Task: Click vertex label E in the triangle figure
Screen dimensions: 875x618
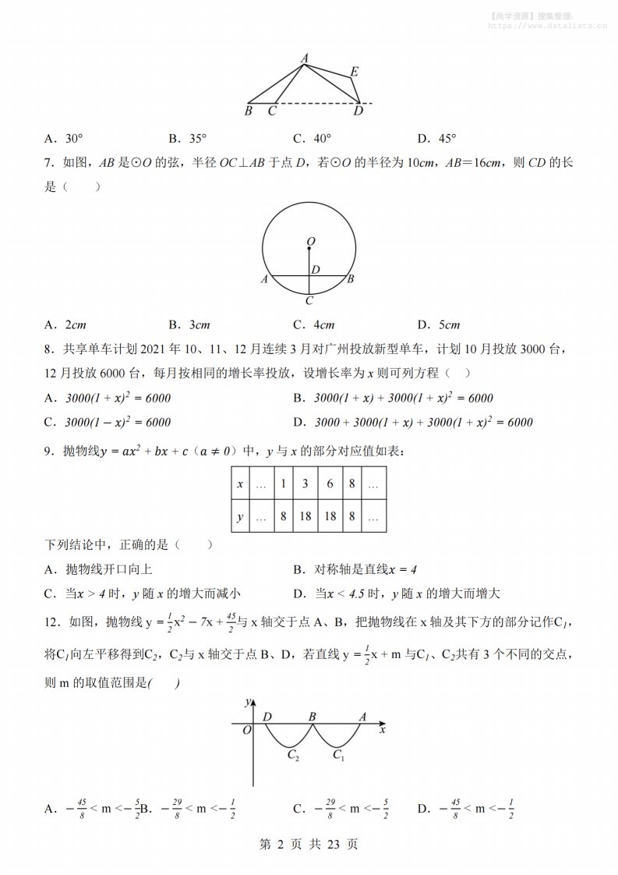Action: click(x=354, y=72)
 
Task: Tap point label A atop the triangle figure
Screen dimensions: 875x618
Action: click(x=304, y=57)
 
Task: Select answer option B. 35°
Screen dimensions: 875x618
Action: click(x=187, y=139)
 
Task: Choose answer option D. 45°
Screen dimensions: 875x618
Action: click(x=436, y=139)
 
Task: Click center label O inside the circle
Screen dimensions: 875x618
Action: click(x=310, y=242)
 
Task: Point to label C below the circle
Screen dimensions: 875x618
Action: click(x=309, y=300)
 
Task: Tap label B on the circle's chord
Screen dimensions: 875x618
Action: click(x=351, y=278)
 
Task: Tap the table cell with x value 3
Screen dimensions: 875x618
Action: click(x=305, y=484)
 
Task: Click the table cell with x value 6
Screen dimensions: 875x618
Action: click(x=330, y=484)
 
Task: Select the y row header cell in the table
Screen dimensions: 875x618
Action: click(x=240, y=516)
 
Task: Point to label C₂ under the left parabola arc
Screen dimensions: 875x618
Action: click(x=293, y=754)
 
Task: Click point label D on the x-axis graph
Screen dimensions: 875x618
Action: click(x=267, y=716)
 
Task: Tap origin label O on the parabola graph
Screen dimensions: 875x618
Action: click(x=246, y=730)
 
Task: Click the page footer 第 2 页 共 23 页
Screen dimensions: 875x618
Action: click(x=309, y=844)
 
